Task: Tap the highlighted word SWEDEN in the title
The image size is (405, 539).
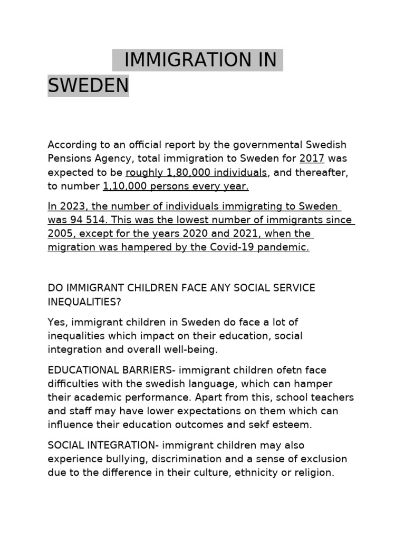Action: point(88,85)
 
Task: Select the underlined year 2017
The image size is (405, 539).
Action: point(312,158)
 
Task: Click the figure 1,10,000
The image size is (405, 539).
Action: point(124,186)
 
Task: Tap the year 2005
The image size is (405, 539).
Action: point(62,234)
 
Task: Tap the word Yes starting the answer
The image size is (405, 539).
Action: point(57,322)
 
